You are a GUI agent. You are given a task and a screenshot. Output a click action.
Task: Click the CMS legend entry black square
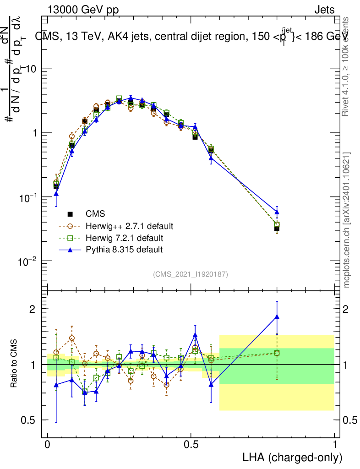tap(70, 214)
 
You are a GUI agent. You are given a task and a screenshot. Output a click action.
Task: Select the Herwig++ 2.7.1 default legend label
tap(129, 226)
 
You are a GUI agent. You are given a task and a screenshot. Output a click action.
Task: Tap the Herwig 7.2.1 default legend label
tap(124, 238)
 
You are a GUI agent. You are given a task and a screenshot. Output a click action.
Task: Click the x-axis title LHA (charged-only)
tap(293, 457)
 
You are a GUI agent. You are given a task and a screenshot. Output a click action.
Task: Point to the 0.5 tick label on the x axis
tap(191, 445)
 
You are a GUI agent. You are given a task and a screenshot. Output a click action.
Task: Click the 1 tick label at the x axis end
tap(334, 445)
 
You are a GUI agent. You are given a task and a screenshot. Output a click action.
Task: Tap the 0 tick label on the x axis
tap(48, 445)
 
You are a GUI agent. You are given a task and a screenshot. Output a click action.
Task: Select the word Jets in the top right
tap(324, 10)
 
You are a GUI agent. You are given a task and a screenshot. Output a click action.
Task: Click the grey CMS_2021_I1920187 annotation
tap(191, 274)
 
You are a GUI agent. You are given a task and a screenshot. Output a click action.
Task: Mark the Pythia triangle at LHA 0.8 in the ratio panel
tap(277, 316)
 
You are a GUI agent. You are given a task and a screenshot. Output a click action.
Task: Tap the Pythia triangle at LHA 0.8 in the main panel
tap(277, 212)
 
